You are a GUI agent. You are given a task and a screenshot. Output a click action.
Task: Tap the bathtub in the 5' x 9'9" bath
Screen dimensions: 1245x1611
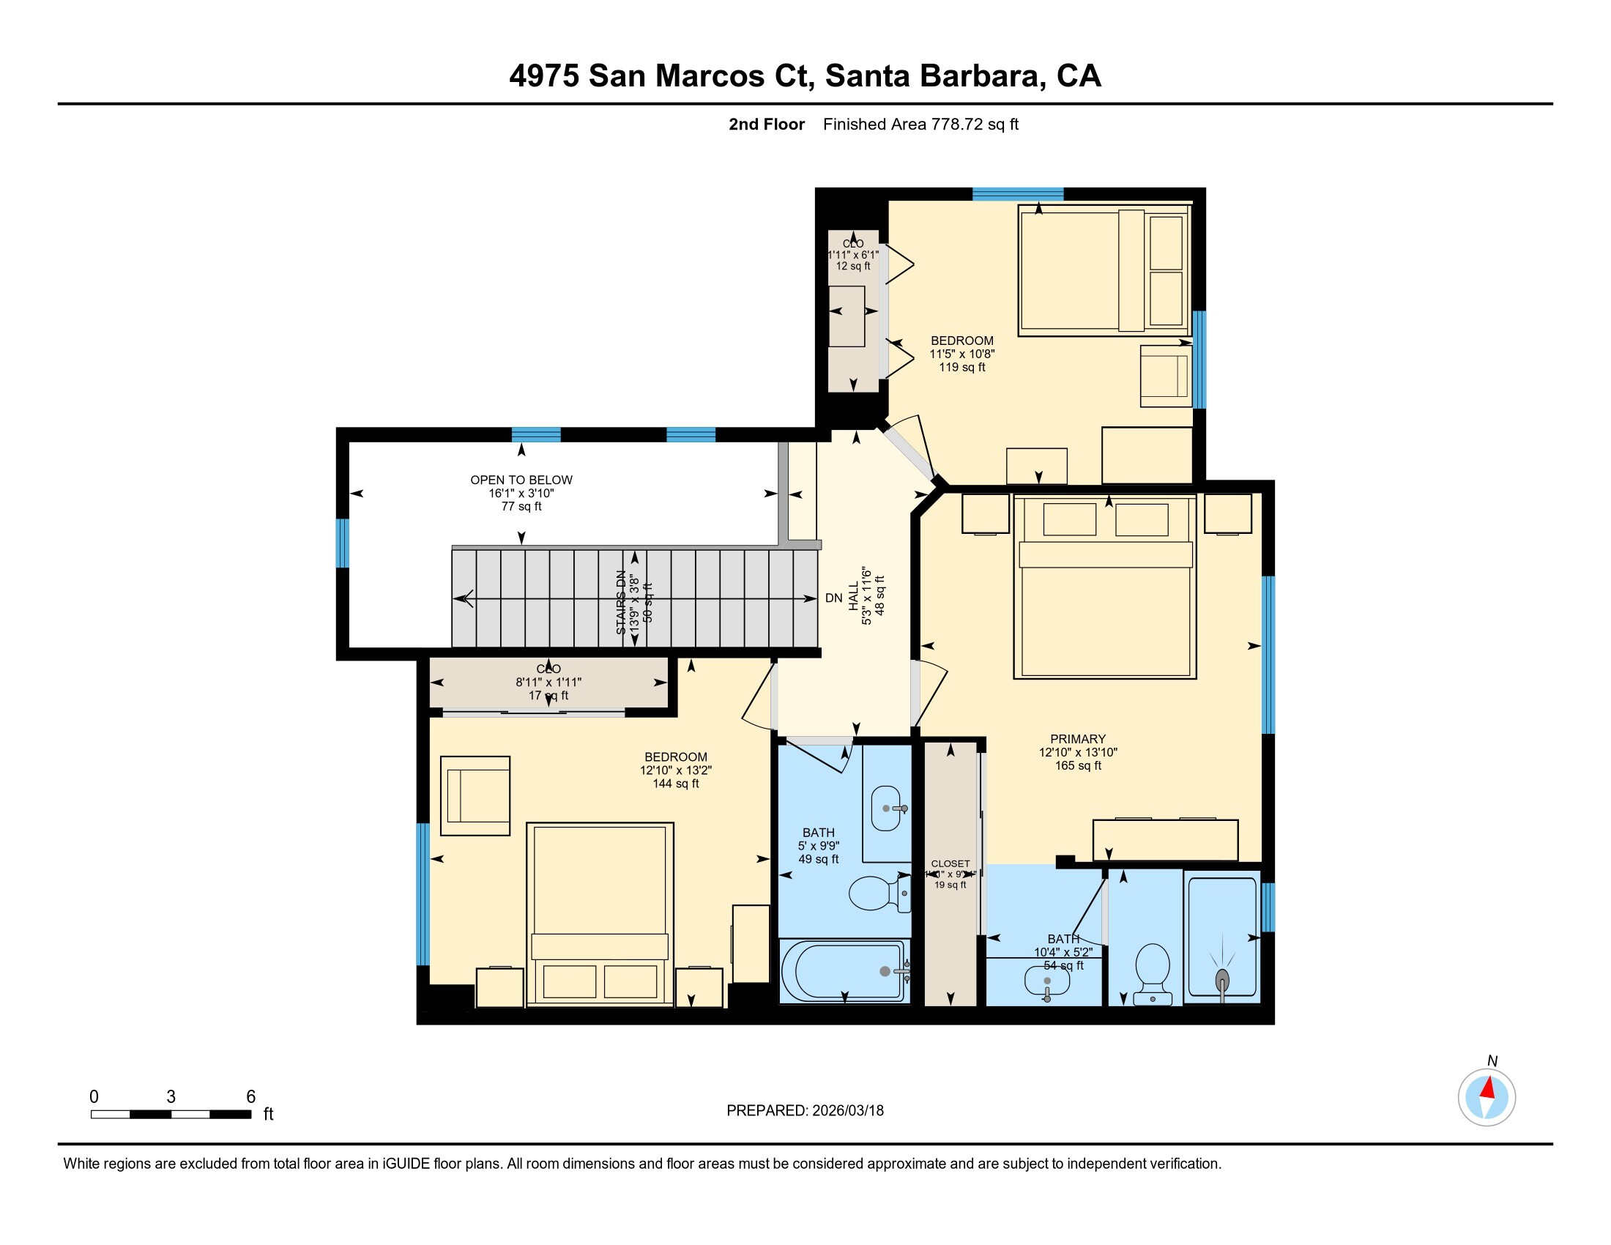tap(844, 971)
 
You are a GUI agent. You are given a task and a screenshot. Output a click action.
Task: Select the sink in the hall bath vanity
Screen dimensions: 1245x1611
tap(888, 809)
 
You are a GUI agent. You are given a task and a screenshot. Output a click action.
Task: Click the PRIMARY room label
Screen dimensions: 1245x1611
tap(1078, 739)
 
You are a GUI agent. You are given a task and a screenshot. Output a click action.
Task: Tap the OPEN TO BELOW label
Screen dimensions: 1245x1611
tap(521, 480)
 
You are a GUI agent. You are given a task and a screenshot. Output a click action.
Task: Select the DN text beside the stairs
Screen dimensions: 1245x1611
tap(833, 598)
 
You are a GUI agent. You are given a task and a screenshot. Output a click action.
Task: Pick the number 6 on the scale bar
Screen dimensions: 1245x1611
tap(250, 1097)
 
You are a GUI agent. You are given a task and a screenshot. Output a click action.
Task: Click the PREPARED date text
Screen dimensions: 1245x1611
tap(805, 1111)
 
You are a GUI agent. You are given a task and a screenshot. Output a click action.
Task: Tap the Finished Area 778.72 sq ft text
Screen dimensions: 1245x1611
tap(920, 124)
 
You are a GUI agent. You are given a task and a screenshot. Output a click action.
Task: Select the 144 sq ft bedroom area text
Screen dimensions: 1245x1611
tap(675, 784)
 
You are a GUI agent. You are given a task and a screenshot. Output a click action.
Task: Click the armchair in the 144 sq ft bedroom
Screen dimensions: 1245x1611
tap(475, 796)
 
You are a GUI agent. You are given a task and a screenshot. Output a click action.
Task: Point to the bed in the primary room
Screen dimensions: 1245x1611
tap(1104, 590)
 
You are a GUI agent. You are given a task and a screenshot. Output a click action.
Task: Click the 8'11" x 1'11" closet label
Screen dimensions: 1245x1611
tap(548, 683)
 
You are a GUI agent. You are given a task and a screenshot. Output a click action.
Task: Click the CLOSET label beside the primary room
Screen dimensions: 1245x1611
tap(950, 863)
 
